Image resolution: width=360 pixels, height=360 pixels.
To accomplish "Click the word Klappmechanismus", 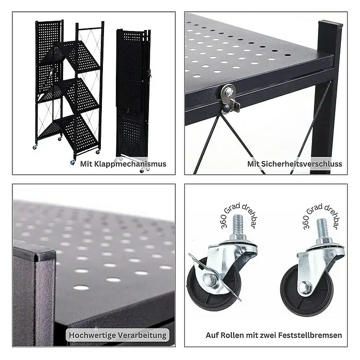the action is tap(130, 164).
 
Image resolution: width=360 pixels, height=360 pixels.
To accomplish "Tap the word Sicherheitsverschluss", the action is tap(302, 164).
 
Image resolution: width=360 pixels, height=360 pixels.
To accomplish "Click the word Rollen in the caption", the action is tap(233, 335).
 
